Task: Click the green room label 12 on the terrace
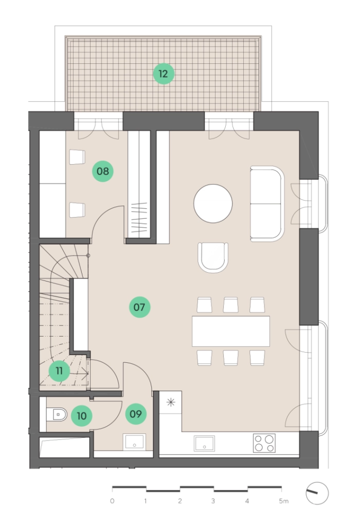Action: coord(164,74)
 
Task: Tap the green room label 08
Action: coord(103,171)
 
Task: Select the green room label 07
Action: coord(139,307)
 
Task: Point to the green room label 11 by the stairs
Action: coord(59,371)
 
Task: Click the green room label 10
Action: coord(81,416)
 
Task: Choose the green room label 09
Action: coord(136,414)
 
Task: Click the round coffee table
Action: coord(213,204)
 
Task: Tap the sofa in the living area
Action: coord(267,204)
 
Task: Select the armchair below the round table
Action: coord(213,257)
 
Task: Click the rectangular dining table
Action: coord(231,331)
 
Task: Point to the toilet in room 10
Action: coord(56,415)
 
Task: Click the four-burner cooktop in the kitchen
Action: coord(264,443)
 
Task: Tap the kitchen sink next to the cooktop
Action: coord(204,444)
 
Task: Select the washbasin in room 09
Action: coord(134,442)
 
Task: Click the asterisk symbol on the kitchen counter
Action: coord(171,402)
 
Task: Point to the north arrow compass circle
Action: coord(317,493)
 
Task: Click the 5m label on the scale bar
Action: coord(283,501)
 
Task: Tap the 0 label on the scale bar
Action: coord(112,501)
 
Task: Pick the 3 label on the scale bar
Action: coord(213,501)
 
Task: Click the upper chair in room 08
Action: coord(77,157)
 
